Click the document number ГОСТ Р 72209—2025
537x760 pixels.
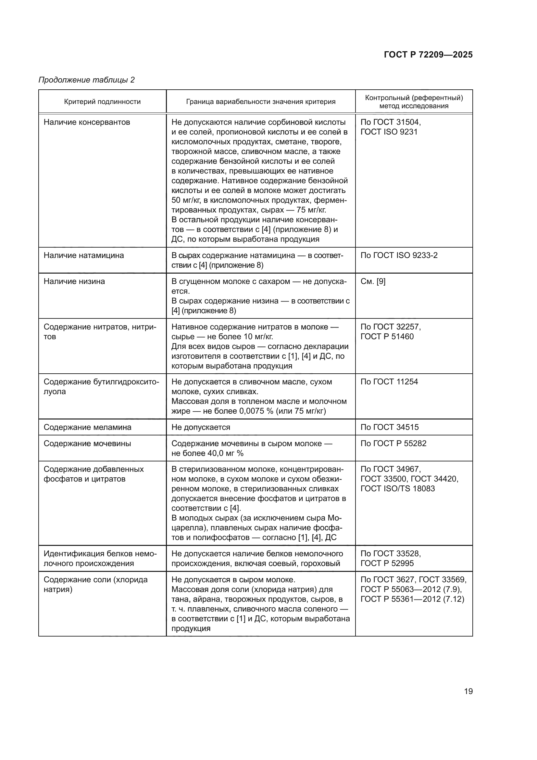pyautogui.click(x=428, y=55)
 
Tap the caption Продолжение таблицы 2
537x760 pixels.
pyautogui.click(x=87, y=80)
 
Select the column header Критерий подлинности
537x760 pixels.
pyautogui.click(x=102, y=102)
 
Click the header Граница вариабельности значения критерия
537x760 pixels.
pyautogui.click(x=261, y=102)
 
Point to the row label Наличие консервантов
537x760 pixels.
pyautogui.click(x=87, y=122)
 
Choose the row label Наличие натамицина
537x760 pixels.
pyautogui.click(x=84, y=255)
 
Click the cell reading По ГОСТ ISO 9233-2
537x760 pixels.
pyautogui.click(x=399, y=255)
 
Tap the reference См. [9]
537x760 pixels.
pyautogui.click(x=373, y=281)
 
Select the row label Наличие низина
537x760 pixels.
pyautogui.click(x=74, y=281)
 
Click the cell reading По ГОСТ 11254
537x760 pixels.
pyautogui.click(x=389, y=382)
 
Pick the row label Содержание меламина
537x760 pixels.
pyautogui.click(x=87, y=427)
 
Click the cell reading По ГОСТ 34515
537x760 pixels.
pyautogui.click(x=389, y=427)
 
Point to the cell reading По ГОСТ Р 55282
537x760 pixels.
pyautogui.click(x=393, y=443)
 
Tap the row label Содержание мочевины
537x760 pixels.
pyautogui.click(x=87, y=443)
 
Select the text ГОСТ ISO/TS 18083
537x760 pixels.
pyautogui.click(x=397, y=489)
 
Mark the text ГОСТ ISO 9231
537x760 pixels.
pyautogui.click(x=389, y=132)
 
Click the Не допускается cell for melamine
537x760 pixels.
pyautogui.click(x=201, y=427)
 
